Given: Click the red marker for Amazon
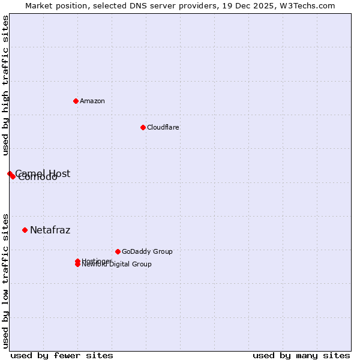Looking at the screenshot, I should [76, 101].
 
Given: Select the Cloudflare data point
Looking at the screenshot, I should [143, 127].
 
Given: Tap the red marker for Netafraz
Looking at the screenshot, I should [25, 230].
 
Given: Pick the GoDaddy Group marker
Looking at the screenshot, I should [118, 251].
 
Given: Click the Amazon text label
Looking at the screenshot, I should [92, 101].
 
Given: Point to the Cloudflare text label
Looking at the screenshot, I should [163, 127].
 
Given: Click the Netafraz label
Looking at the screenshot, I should [50, 230].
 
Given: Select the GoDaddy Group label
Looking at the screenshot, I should [147, 251].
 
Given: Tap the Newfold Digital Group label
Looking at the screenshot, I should [118, 265].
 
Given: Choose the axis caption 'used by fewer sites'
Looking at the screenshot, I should [62, 355].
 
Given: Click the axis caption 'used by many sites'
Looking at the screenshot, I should [301, 355].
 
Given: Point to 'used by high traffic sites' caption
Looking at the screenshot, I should [5, 86].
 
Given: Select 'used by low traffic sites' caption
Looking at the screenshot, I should [5, 280].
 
